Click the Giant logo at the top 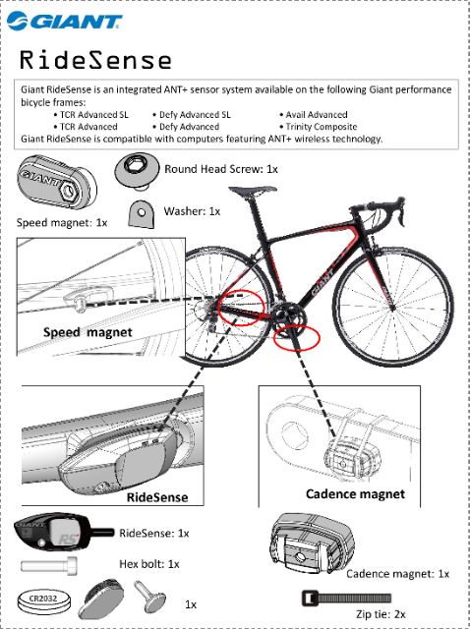(x=65, y=21)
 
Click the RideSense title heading (x=95, y=60)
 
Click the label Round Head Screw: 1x (x=221, y=169)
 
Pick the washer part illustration (x=141, y=214)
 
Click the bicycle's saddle (x=253, y=190)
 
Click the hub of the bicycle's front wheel (x=392, y=308)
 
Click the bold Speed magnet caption (x=88, y=332)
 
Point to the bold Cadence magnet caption (x=355, y=493)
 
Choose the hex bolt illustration (x=49, y=565)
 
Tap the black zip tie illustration (x=346, y=599)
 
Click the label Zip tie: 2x (x=381, y=614)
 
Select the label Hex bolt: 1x (x=149, y=564)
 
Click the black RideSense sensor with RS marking (x=63, y=533)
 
